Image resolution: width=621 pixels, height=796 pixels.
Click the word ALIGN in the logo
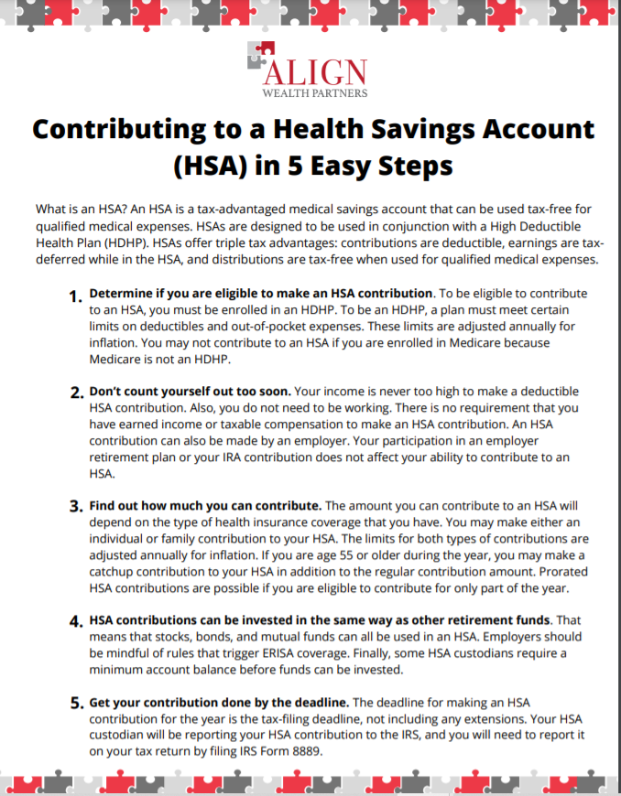click(x=317, y=71)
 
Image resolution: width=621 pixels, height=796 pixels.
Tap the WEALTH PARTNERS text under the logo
click(x=314, y=92)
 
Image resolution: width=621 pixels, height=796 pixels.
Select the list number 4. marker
click(x=76, y=621)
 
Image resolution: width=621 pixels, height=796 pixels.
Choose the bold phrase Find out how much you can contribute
click(x=205, y=506)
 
